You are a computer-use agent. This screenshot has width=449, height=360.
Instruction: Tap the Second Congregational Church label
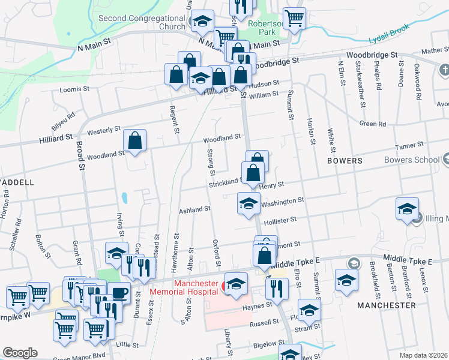tap(142, 22)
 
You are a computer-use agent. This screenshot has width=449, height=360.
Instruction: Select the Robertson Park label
tap(266, 25)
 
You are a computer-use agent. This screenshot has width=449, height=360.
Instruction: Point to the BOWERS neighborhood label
tap(345, 161)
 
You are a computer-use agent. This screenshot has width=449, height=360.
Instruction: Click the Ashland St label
tap(194, 210)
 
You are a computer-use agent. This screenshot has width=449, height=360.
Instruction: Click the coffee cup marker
tap(118, 293)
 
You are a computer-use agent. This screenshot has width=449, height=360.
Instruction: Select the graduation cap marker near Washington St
tap(248, 202)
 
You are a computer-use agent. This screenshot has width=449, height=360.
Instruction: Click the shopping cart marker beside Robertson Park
tap(294, 18)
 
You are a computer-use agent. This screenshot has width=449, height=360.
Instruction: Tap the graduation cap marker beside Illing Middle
tap(407, 209)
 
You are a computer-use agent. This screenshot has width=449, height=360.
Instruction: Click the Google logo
tap(20, 353)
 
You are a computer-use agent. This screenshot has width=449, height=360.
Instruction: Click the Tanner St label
tap(409, 145)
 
